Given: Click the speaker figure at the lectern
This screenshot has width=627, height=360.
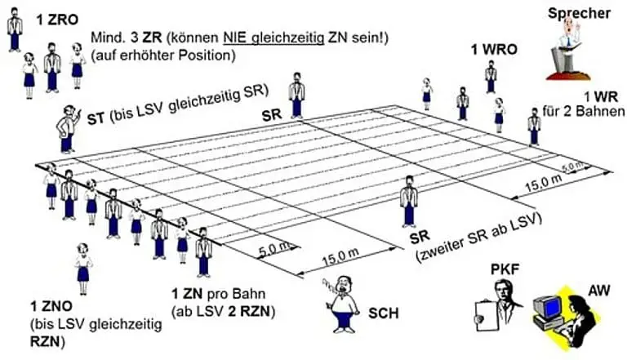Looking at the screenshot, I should tap(570, 41).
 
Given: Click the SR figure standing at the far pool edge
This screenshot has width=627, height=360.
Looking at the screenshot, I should tap(297, 95).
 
